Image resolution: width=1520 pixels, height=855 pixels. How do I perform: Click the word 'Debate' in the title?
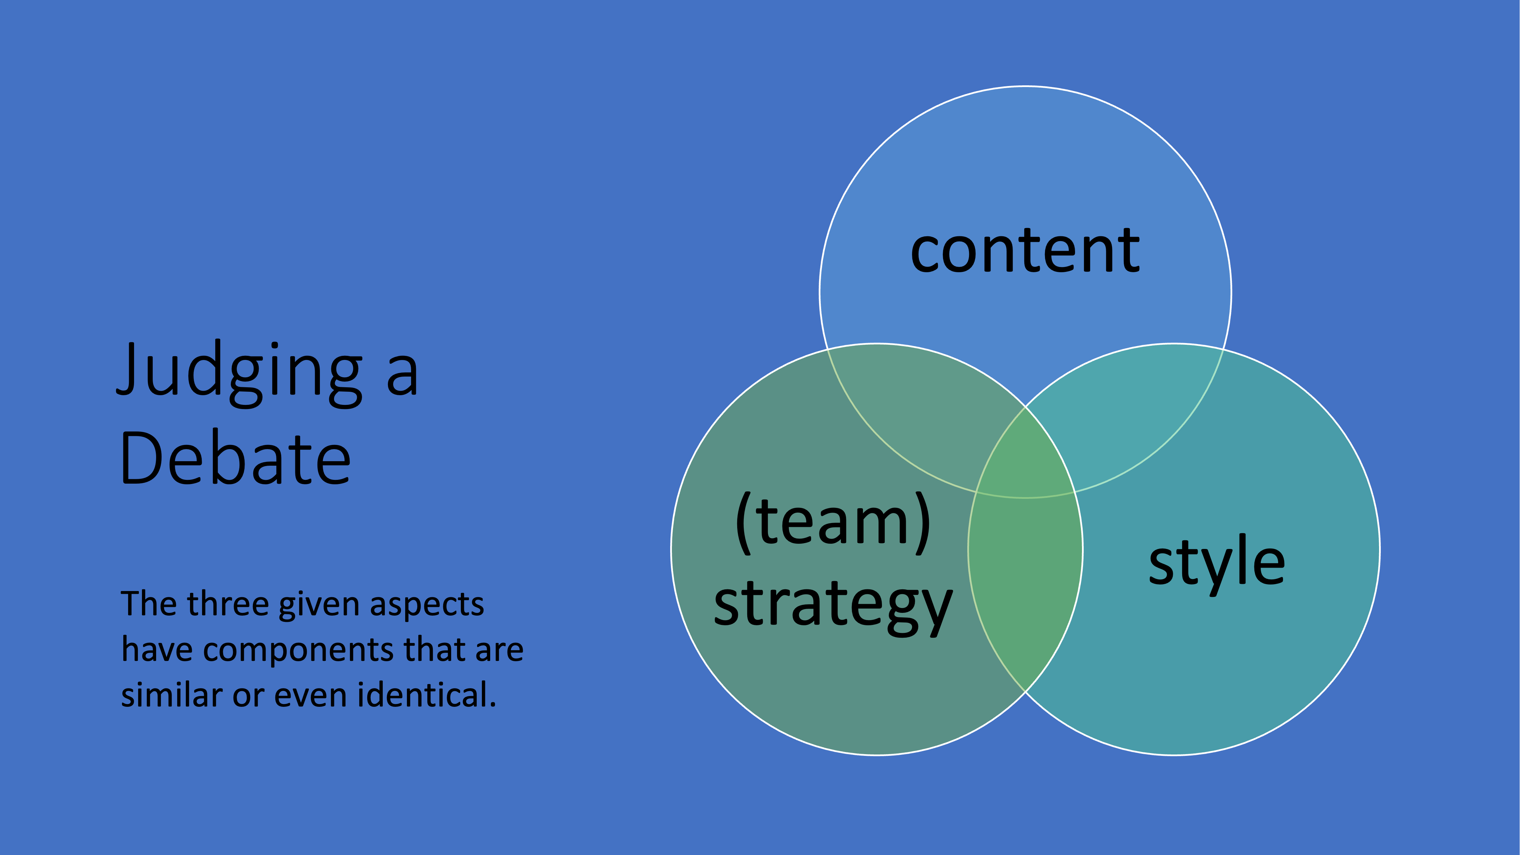236,457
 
